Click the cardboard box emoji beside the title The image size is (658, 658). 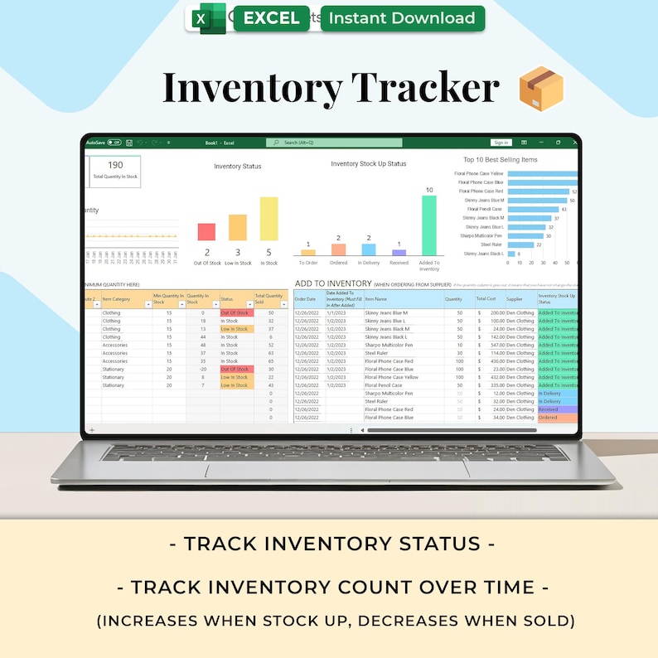(540, 89)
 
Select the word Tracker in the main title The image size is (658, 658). (425, 89)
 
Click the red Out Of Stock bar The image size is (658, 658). (206, 232)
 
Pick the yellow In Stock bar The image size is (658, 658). (269, 219)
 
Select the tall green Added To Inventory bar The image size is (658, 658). (428, 225)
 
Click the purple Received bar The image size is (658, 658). (399, 253)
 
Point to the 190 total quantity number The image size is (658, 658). (115, 165)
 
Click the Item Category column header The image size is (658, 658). (117, 298)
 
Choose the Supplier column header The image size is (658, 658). (515, 298)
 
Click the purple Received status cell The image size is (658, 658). (557, 409)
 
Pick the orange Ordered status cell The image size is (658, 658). (557, 418)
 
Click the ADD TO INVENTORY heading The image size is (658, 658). (333, 283)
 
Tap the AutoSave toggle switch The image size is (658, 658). (114, 143)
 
